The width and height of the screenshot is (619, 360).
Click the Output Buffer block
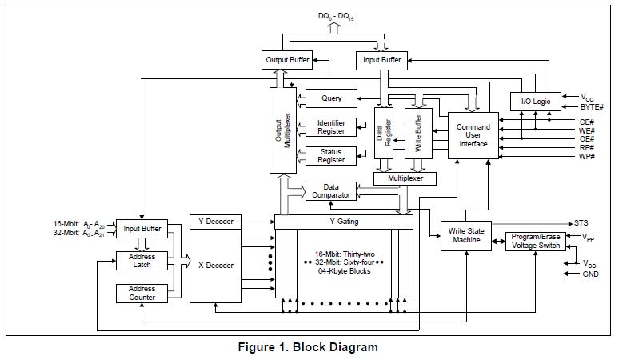point(287,59)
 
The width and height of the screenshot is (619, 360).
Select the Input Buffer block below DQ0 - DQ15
point(382,59)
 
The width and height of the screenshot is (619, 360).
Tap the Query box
point(332,98)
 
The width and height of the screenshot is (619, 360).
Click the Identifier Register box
point(331,126)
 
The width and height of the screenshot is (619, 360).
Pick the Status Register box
point(331,156)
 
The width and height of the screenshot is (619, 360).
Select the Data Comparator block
point(331,191)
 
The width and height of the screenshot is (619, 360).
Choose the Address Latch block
point(142,261)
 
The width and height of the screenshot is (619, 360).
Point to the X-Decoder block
point(215,265)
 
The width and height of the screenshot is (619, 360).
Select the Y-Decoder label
point(215,221)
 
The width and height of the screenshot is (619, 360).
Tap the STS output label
point(581,222)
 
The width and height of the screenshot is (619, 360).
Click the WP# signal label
point(588,157)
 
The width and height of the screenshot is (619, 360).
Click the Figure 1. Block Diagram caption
point(308,347)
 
